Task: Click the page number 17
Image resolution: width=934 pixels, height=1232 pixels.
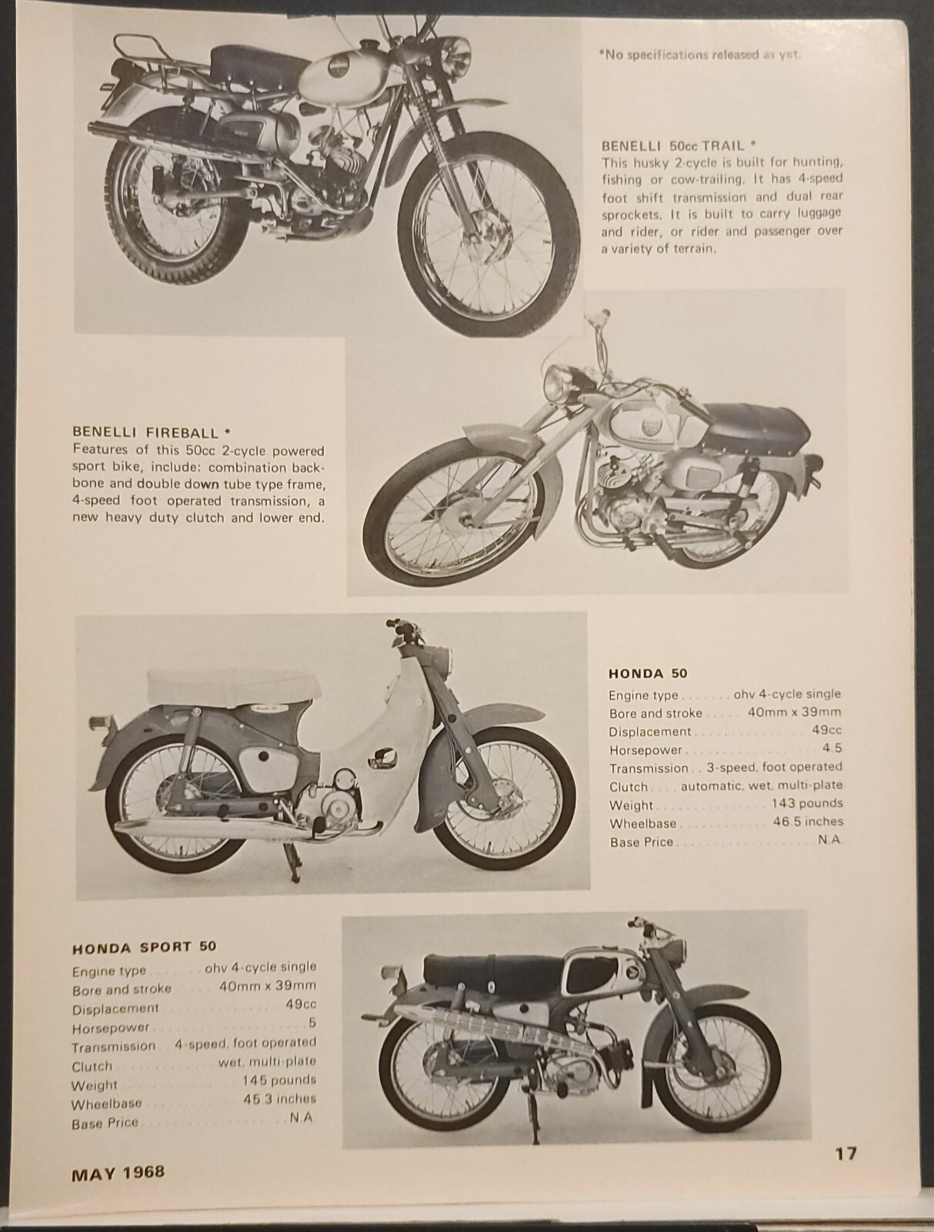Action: [x=845, y=1153]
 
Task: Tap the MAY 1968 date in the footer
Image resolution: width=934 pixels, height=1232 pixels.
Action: [x=118, y=1173]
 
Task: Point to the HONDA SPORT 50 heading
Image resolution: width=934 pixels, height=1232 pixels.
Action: [x=144, y=946]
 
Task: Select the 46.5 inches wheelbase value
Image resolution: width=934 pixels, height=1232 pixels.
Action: [x=807, y=822]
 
